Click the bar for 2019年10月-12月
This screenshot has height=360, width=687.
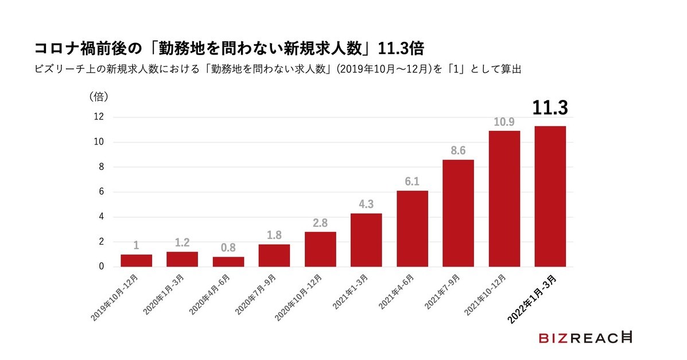[x=136, y=261]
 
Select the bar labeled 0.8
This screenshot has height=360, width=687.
[x=228, y=262]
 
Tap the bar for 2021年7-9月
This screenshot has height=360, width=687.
[x=458, y=213]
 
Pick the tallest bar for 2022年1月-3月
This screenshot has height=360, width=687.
[x=550, y=196]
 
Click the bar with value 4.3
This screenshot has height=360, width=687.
[x=366, y=240]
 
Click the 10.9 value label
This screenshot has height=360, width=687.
[x=504, y=122]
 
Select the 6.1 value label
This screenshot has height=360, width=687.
[x=412, y=181]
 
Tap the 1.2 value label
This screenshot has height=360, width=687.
[x=182, y=243]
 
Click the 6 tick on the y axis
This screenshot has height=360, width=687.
[x=101, y=192]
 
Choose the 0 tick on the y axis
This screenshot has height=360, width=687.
[x=101, y=266]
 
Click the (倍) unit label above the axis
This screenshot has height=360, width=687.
[x=99, y=96]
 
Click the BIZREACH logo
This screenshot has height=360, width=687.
[x=585, y=338]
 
